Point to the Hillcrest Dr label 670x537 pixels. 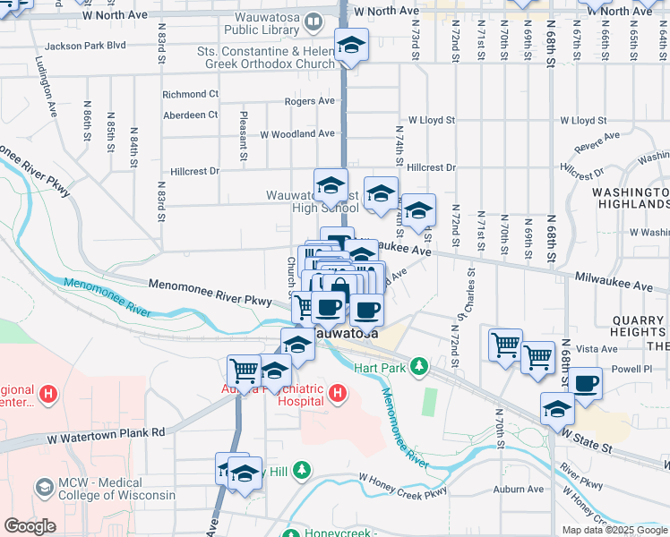coord(431,167)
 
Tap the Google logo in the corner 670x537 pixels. coord(30,526)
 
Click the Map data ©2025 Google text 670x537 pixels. coord(614,530)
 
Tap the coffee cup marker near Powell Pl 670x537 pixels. coord(586,384)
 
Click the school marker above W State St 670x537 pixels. coord(557,409)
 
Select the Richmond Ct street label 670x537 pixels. coord(190,94)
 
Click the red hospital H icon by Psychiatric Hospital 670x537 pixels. coord(338,392)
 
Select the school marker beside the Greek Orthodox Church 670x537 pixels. coord(352,47)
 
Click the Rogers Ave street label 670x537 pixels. coord(309,102)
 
